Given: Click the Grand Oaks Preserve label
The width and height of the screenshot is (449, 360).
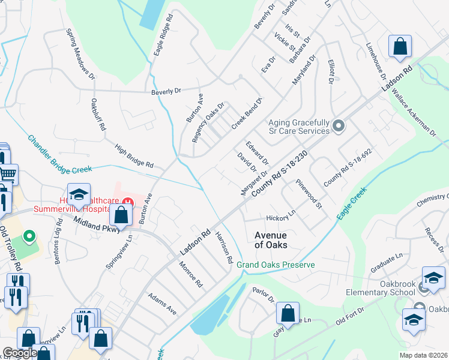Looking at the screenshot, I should click(276, 265).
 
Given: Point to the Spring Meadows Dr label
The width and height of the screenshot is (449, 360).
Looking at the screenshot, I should click(80, 54).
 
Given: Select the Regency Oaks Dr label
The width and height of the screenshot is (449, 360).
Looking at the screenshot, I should click(208, 122).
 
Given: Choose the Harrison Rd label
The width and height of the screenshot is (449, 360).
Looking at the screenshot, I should click(223, 247).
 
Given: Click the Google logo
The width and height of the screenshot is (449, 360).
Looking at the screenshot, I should click(19, 353).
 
